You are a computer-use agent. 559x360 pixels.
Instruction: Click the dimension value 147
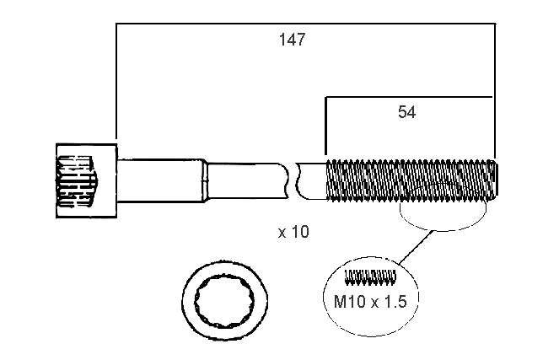[292, 40]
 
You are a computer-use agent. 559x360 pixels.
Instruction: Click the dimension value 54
[407, 111]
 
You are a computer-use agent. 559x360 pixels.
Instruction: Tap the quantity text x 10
[293, 232]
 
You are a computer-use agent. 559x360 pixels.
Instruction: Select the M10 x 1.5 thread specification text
[372, 300]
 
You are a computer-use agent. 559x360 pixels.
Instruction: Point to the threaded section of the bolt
[409, 180]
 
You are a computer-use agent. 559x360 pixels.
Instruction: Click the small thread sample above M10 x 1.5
[371, 276]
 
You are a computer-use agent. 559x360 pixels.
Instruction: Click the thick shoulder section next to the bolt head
[160, 180]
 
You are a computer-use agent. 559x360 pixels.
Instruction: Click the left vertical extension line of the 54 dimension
[325, 126]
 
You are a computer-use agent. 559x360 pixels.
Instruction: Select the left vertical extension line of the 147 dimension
[116, 84]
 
